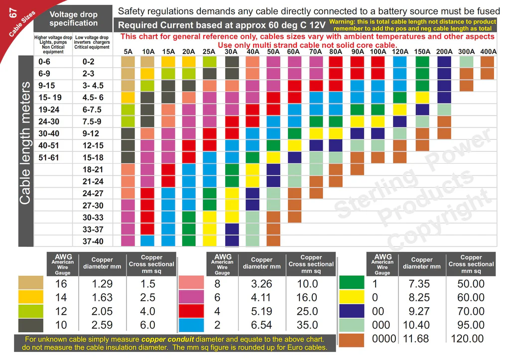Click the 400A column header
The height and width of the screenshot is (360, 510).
pos(488,51)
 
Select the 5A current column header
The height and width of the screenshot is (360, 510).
pos(128,51)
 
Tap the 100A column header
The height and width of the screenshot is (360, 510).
pos(378,51)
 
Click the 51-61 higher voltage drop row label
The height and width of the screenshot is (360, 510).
pos(49,157)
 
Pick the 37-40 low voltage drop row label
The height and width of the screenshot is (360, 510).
pos(93,241)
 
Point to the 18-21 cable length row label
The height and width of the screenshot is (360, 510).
pos(93,170)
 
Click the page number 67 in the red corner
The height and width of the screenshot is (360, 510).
pos(13,13)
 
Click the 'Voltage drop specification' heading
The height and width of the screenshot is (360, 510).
pos(74,19)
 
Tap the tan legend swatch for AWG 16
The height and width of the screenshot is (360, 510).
pos(31,283)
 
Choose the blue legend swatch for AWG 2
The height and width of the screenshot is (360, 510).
pos(191,325)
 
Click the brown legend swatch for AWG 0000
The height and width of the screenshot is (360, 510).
pos(352,339)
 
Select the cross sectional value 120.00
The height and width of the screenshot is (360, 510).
pos(467,339)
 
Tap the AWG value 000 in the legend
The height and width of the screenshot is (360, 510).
pos(381,325)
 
